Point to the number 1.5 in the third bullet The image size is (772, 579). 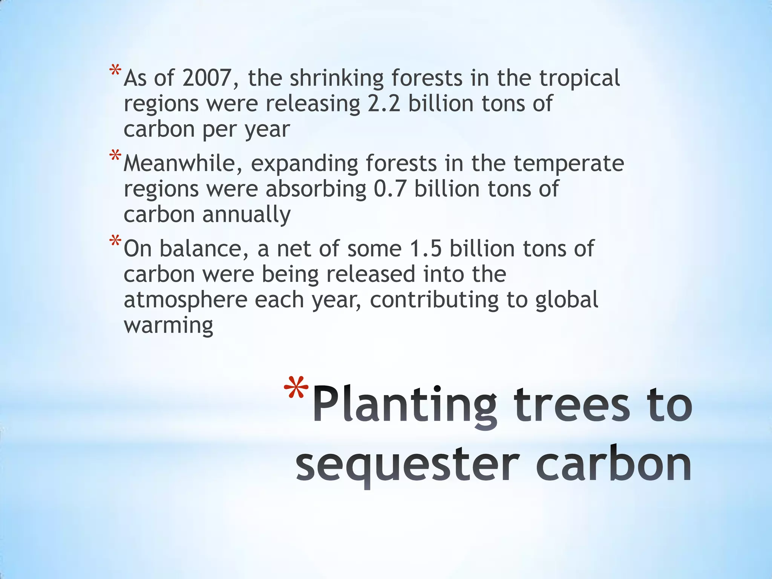tap(425, 249)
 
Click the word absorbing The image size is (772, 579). tap(316, 190)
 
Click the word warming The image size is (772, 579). tap(168, 325)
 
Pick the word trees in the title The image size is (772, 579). tap(572, 405)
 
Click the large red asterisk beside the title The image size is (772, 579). tap(296, 388)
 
